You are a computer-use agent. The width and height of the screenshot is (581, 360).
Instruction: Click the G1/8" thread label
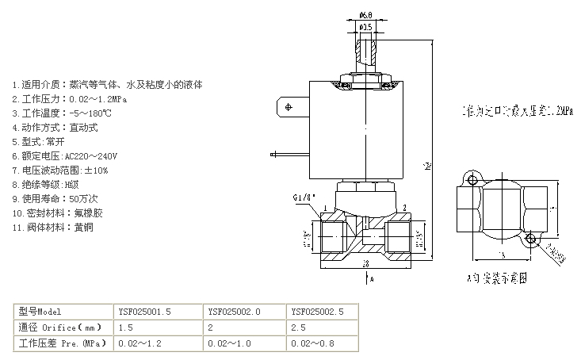tap(304, 197)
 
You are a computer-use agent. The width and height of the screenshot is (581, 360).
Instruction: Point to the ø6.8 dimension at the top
tap(366, 14)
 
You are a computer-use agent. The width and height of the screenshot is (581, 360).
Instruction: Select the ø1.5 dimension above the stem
tap(366, 27)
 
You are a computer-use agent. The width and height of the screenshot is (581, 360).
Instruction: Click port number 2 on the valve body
tap(404, 207)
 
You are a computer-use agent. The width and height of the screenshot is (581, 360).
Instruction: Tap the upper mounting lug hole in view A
tap(472, 181)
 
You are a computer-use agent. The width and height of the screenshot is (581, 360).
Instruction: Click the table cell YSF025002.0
tap(229, 311)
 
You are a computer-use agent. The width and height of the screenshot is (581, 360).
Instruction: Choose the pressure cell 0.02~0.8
tap(313, 343)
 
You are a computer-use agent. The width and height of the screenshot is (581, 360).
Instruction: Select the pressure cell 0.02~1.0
tap(229, 343)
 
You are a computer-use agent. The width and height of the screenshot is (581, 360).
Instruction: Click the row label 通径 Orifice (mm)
tap(60, 327)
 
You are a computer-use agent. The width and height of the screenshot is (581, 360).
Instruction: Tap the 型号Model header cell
tap(40, 311)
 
